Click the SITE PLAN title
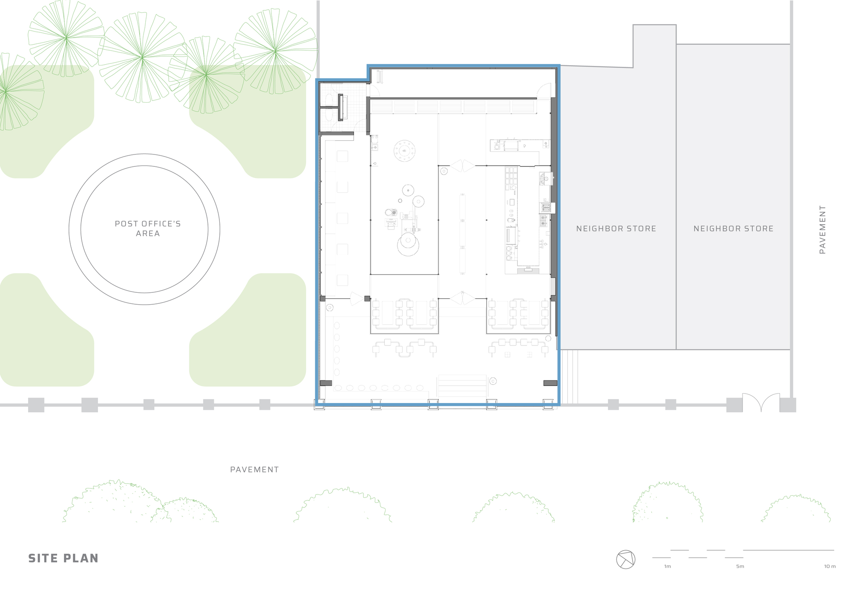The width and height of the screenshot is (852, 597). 63,558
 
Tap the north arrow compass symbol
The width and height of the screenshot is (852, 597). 626,559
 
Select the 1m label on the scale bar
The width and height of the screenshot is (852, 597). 667,566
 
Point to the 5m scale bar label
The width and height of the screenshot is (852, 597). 740,566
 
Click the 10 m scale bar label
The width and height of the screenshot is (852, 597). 829,566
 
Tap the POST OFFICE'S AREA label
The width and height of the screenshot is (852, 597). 148,229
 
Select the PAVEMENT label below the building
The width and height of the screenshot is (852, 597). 254,470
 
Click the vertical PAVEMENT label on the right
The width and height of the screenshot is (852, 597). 823,230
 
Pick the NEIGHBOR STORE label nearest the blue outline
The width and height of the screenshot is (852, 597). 616,229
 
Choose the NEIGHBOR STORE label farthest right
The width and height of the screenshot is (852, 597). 733,229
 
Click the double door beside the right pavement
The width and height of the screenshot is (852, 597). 761,402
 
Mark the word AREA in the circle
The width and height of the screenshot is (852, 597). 148,234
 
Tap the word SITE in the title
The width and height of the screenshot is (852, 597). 40,558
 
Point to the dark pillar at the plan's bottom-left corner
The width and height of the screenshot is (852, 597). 326,383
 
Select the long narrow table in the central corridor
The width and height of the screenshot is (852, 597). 463,234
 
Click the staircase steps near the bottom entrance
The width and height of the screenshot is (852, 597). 462,386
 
